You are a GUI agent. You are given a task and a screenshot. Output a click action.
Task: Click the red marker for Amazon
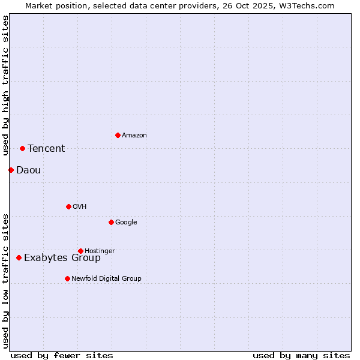pos(118,135)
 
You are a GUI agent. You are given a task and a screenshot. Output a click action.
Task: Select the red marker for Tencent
pos(22,148)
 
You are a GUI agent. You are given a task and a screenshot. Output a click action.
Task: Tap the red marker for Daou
pos(11,170)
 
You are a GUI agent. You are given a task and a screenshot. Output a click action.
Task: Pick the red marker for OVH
pos(68,206)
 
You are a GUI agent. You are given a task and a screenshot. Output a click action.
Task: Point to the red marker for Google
pos(111,222)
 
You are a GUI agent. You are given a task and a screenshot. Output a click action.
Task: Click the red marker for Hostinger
pos(80,251)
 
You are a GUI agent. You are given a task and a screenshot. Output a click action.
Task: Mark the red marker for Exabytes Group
pos(19,257)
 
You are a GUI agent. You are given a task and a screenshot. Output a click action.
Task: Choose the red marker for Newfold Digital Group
pos(67,278)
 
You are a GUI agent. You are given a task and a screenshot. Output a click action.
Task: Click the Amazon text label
pos(134,136)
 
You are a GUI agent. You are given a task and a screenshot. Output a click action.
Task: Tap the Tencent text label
pos(46,149)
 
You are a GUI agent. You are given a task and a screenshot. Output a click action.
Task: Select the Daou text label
pos(29,170)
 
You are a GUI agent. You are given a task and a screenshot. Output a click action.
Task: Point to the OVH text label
pos(80,207)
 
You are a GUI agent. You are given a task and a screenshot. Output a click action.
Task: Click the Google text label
pos(126,223)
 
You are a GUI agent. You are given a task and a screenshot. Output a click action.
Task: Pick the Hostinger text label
pos(100,251)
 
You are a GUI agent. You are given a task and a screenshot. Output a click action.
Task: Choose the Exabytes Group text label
pos(62,258)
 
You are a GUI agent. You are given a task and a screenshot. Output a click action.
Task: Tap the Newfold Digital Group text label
pos(106,279)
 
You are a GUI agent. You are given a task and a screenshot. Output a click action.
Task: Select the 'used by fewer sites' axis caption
pos(62,355)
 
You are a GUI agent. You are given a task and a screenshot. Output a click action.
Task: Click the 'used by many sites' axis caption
pos(301,355)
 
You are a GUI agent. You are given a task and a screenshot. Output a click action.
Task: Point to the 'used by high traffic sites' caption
pos(5,85)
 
